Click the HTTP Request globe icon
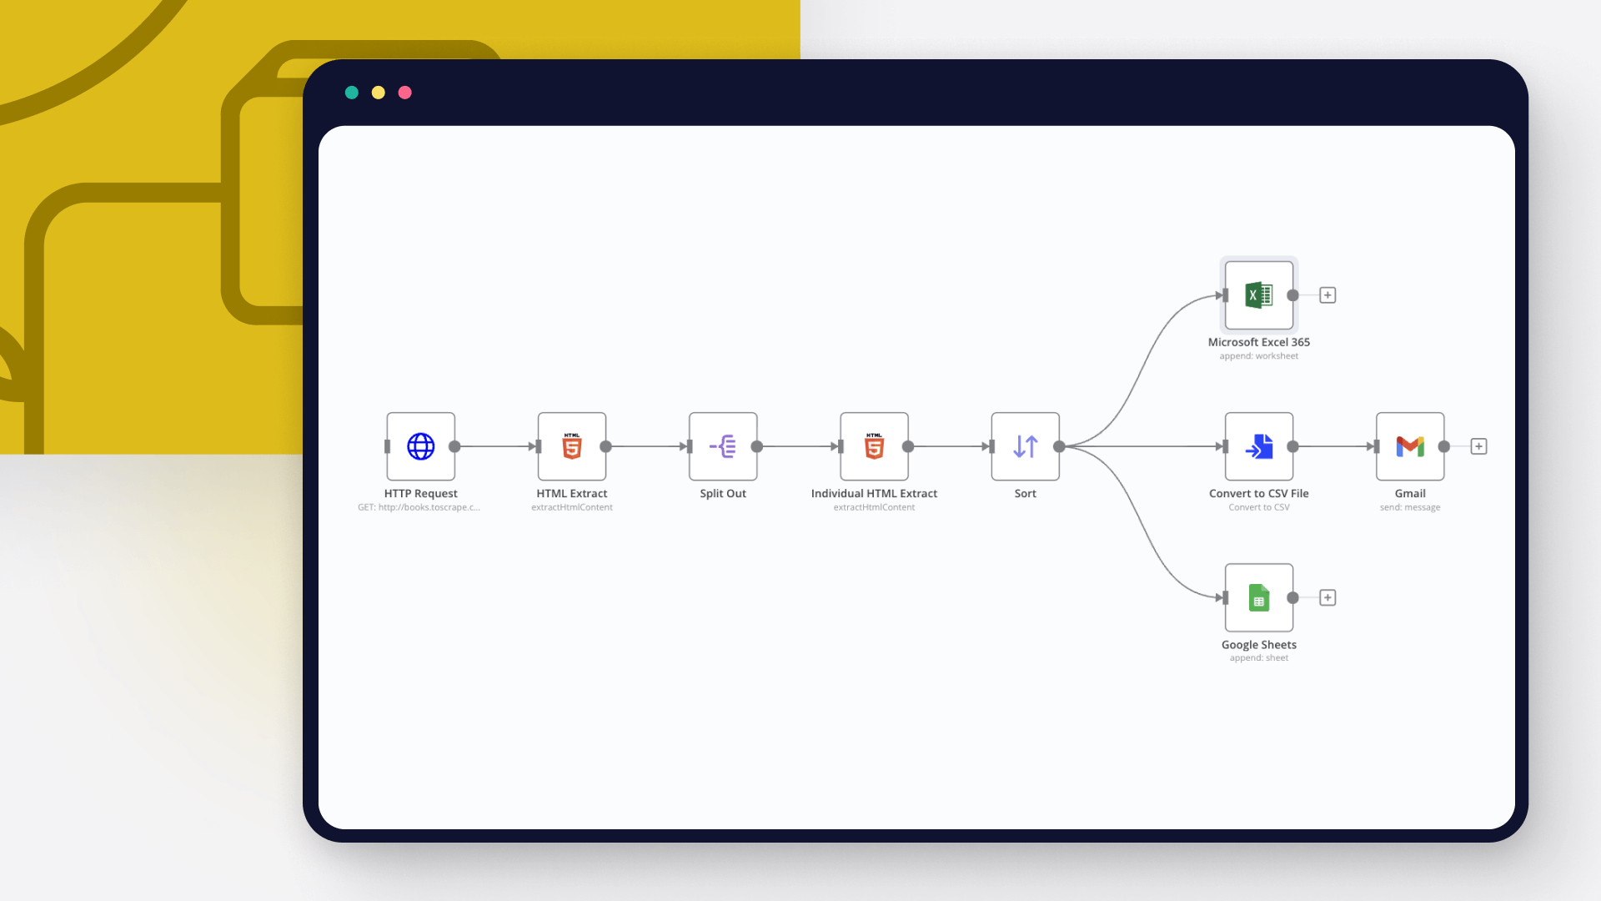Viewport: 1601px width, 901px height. [420, 446]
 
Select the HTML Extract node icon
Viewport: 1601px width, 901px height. [572, 446]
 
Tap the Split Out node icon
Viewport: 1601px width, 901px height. [723, 446]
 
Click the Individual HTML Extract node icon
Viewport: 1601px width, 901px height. [874, 446]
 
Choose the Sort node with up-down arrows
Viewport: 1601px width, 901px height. [1025, 446]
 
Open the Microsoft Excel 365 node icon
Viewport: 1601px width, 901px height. [1259, 295]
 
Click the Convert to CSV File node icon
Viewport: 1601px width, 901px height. [1259, 446]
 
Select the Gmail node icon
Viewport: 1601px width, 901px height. [1410, 446]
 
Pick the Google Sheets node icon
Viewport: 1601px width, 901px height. [1259, 597]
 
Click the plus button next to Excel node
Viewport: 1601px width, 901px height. [1327, 295]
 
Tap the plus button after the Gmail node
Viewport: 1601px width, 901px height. [1478, 446]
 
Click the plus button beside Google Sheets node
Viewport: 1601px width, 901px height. [1327, 597]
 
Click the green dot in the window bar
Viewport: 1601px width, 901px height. [352, 93]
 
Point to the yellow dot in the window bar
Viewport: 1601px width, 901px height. [379, 93]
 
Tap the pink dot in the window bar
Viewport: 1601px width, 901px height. [405, 93]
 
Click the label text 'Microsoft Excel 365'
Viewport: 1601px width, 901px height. [1258, 342]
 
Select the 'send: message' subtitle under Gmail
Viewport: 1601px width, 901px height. [1409, 507]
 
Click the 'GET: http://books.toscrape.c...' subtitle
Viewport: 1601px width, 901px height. [419, 507]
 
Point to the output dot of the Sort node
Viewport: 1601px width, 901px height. [1059, 446]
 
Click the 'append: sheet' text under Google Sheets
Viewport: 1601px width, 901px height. [1258, 658]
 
